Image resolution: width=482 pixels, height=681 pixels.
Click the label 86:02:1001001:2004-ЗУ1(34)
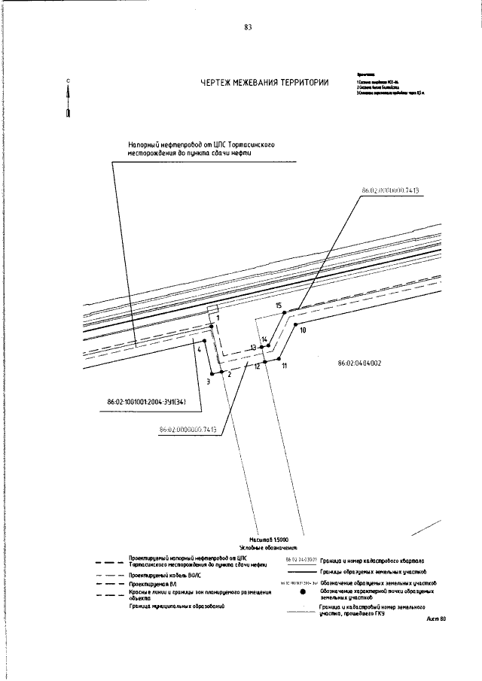click(152, 410)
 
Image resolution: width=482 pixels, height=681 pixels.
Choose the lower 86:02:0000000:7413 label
click(188, 430)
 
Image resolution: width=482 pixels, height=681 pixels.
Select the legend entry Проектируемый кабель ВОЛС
click(164, 573)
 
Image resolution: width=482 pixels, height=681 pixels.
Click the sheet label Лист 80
click(436, 619)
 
